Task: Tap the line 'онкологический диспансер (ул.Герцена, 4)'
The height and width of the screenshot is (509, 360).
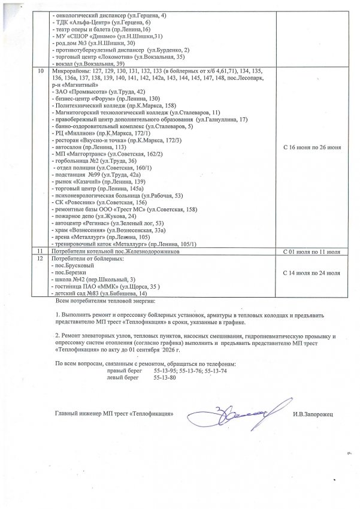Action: click(x=110, y=13)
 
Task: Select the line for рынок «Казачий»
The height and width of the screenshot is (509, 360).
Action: click(x=96, y=181)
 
